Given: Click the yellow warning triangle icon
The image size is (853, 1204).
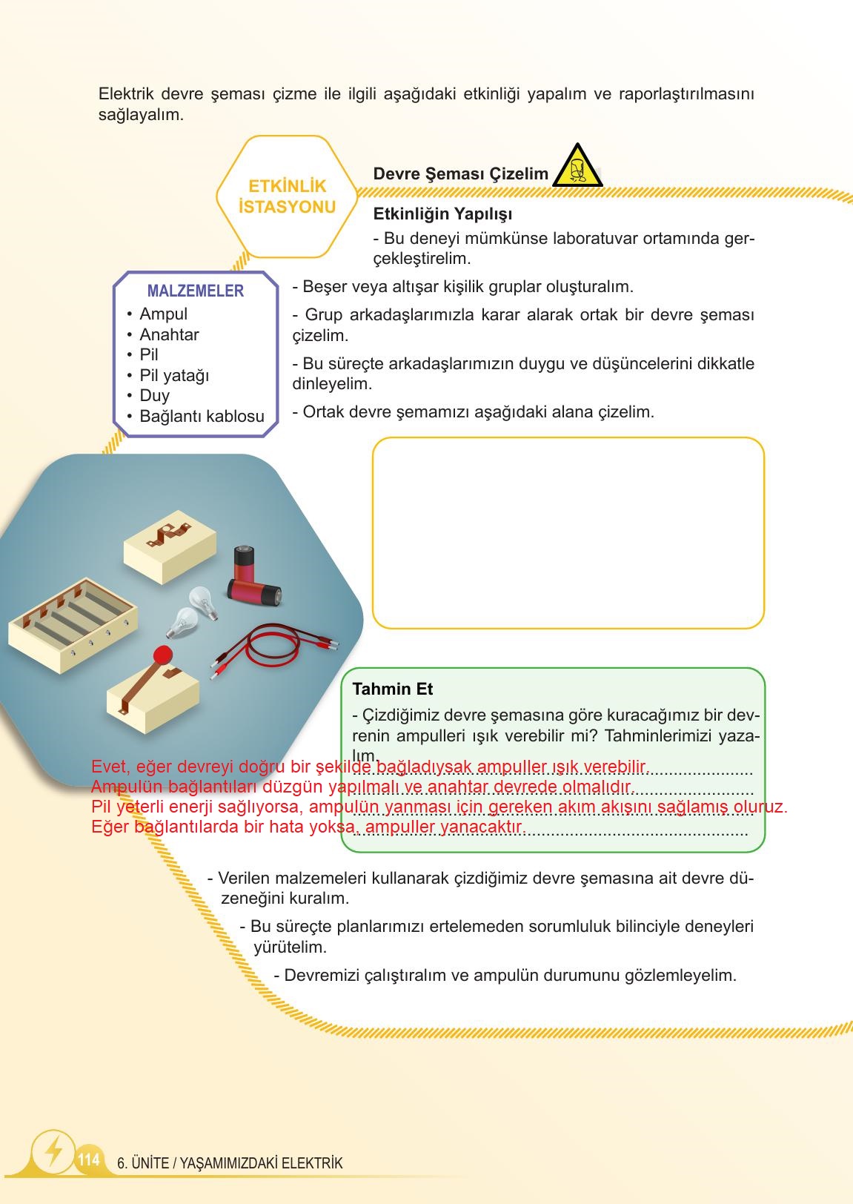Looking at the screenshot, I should [x=577, y=168].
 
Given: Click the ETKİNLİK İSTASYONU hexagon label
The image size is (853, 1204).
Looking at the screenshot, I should [x=287, y=196].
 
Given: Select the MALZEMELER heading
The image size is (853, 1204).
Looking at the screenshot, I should [x=195, y=291].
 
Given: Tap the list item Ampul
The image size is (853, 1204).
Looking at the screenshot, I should [x=163, y=314].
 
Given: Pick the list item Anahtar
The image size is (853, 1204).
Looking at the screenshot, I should [x=169, y=334].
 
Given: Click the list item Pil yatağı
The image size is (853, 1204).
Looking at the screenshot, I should [x=174, y=375].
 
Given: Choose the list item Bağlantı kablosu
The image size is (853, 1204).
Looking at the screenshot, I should [x=202, y=416].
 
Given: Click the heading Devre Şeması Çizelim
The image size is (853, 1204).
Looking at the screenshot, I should [x=460, y=174].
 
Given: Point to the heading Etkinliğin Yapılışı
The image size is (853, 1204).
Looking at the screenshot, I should [x=442, y=214].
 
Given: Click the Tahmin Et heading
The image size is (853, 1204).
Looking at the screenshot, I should [x=392, y=689].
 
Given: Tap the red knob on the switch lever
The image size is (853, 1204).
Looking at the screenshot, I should [x=162, y=655].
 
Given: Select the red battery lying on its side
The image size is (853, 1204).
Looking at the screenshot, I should [x=254, y=592].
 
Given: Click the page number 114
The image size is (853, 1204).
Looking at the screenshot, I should [x=88, y=1159].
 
